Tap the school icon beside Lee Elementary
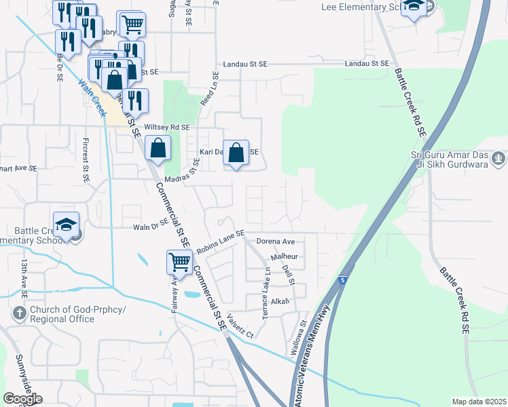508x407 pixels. [413, 8]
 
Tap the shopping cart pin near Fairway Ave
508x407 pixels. [179, 261]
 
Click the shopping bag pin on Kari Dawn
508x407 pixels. [236, 153]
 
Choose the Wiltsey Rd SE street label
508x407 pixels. [166, 127]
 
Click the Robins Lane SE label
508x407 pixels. [220, 241]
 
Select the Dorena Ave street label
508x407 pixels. [275, 241]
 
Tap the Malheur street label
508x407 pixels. [285, 257]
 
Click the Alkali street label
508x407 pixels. [280, 301]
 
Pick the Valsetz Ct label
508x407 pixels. [240, 326]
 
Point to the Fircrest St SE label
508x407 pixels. [86, 163]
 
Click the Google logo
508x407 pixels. [22, 399]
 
